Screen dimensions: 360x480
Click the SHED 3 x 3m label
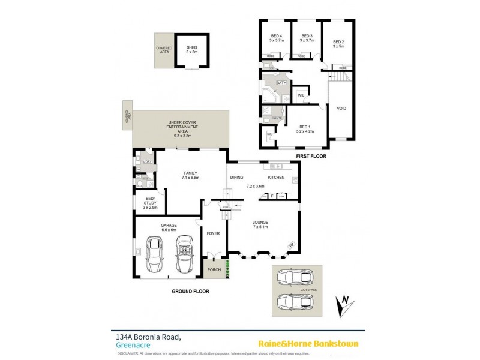[192, 50]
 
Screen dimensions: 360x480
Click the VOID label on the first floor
[341, 109]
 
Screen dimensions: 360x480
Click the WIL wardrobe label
[301, 95]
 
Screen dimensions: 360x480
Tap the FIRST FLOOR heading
[311, 157]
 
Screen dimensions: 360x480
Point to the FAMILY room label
[190, 175]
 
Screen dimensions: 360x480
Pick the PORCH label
[214, 269]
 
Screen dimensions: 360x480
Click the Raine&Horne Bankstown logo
[308, 344]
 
